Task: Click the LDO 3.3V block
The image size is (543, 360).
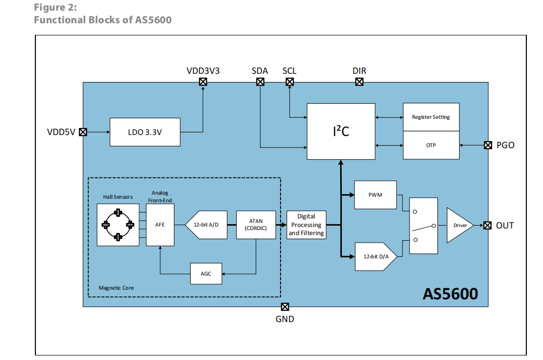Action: pos(145,132)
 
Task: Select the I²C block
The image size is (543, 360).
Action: pos(341,131)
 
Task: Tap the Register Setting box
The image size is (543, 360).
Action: pos(431,117)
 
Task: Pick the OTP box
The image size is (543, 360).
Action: pos(431,145)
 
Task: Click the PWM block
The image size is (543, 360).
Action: pos(375,195)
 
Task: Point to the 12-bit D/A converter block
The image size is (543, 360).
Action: pos(375,256)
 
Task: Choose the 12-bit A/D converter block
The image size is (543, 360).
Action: pos(207,224)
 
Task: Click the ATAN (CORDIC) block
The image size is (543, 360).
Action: pos(256,224)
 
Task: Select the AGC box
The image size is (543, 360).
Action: pos(206,274)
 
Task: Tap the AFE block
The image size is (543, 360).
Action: pos(160,224)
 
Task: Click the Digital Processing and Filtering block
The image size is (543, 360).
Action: pos(306,224)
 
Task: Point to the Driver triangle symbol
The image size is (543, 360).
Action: pos(458,225)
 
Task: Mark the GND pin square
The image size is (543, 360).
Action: pos(285,306)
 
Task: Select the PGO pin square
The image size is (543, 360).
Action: pos(488,145)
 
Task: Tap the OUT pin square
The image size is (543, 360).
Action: pos(488,225)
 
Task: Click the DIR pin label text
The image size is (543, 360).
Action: pos(359,71)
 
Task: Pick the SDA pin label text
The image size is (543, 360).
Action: pos(259,71)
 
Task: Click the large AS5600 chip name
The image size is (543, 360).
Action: pos(450,293)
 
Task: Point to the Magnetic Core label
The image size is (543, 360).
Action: pos(116,288)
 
